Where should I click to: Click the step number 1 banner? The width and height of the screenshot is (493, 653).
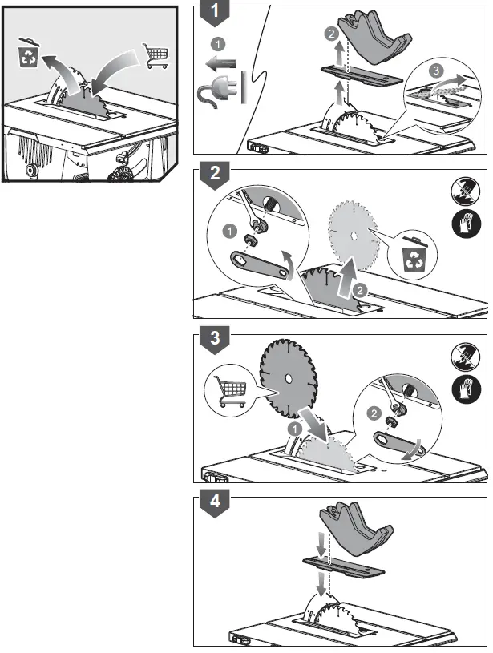coord(215,13)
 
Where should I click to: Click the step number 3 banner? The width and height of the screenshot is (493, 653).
coord(215,339)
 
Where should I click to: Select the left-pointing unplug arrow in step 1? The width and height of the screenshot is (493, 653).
coord(221,64)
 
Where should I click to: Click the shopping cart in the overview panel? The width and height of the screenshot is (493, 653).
coord(156,55)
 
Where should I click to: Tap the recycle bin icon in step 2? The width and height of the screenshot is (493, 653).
coord(414,254)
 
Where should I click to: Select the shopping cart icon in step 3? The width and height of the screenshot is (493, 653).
coord(229,391)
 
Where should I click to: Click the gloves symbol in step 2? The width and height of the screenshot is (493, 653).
coord(466,224)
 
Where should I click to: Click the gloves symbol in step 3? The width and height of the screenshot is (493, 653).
coord(466,389)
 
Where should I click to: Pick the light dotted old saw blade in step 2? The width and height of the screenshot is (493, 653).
coord(354,236)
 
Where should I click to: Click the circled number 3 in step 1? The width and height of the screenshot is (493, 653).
coord(436,70)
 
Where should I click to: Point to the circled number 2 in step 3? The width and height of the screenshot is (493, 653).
coord(374,413)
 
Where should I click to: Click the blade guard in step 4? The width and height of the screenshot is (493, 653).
coord(356,528)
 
